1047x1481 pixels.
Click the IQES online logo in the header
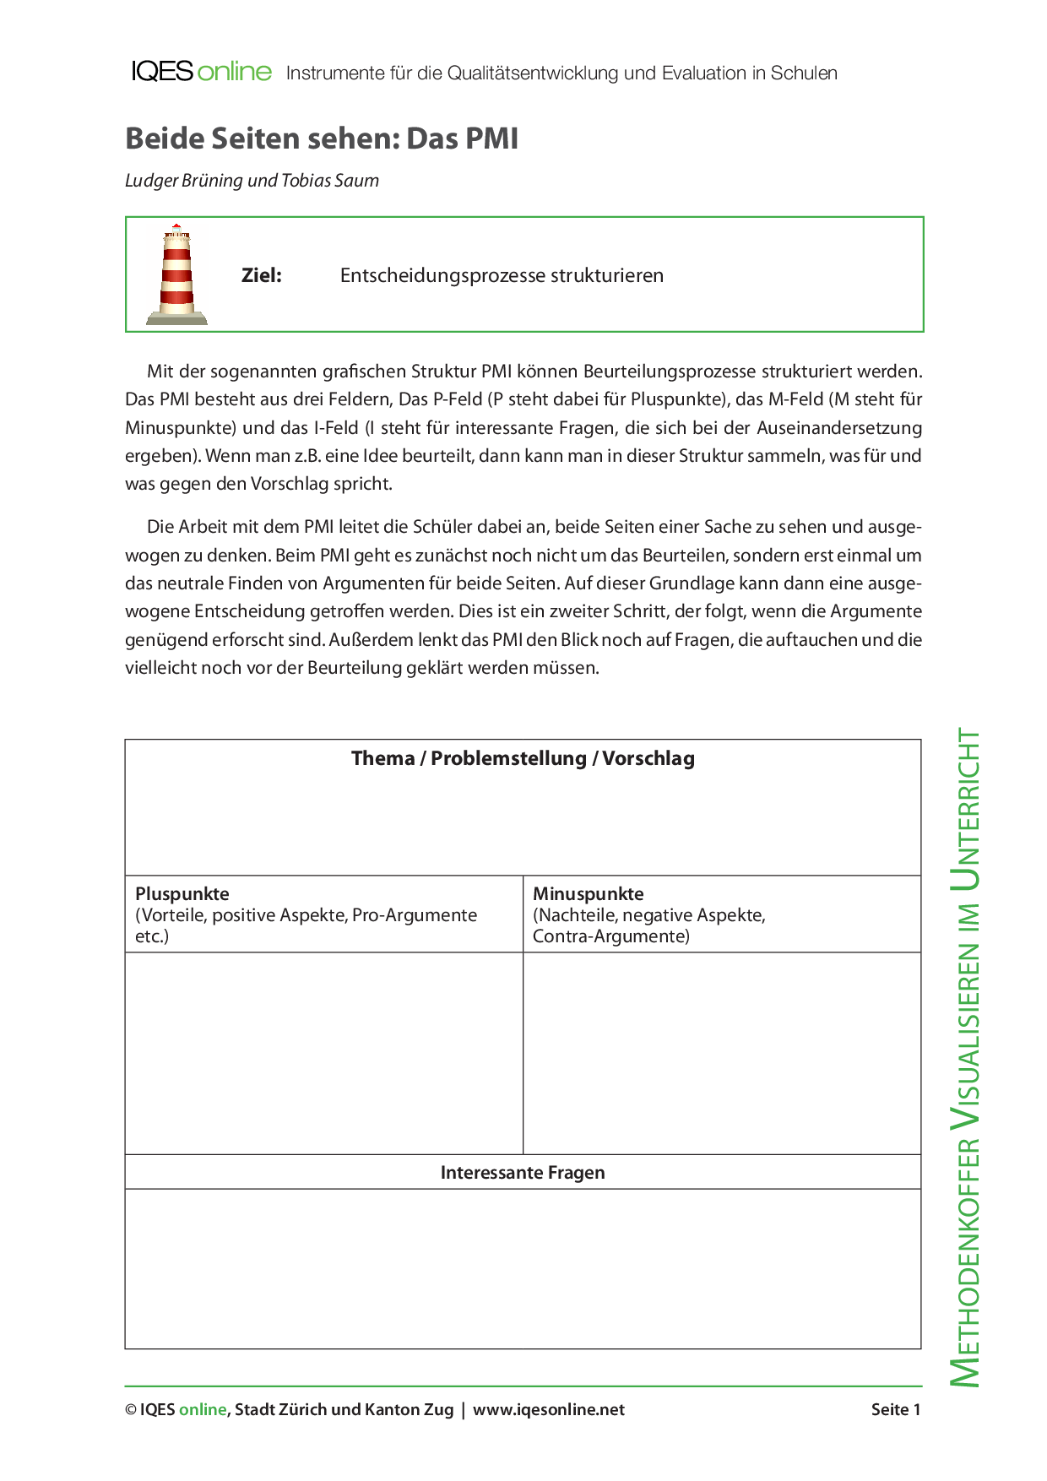point(201,72)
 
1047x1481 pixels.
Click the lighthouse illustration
point(176,274)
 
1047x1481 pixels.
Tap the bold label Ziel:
point(262,275)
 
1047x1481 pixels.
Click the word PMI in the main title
point(491,138)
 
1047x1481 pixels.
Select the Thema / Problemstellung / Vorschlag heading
point(523,758)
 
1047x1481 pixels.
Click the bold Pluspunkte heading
point(182,893)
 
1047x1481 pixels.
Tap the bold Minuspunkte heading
point(588,893)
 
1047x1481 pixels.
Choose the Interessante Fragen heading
point(523,1172)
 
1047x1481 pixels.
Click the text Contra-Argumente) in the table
point(610,936)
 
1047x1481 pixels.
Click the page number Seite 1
point(896,1409)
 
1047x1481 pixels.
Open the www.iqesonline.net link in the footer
point(549,1409)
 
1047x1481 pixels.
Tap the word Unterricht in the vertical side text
point(966,810)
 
